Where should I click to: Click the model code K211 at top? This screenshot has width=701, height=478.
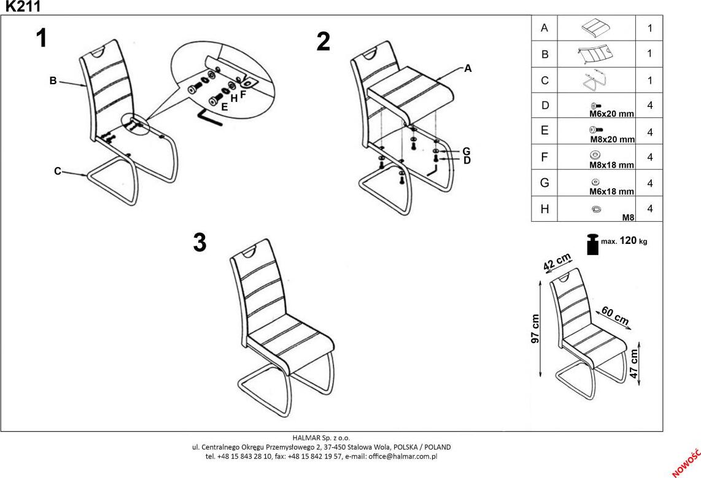tap(23, 7)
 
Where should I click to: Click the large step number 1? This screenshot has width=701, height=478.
tap(41, 39)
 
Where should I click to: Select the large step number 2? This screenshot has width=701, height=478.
tap(323, 42)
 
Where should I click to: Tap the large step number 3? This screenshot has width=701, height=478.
tap(199, 243)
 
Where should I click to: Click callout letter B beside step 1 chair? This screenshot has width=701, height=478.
tap(53, 80)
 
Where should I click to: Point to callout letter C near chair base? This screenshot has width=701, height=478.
tap(57, 171)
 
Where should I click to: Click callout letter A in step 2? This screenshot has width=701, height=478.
tap(468, 68)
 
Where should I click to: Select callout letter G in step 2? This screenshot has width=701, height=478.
tap(467, 151)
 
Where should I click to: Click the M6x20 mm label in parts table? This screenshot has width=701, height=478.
tap(611, 114)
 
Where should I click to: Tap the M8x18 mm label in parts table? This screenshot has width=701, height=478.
tap(611, 165)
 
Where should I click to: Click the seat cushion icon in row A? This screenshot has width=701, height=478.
tap(596, 28)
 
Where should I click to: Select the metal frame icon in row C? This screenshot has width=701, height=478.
tap(595, 80)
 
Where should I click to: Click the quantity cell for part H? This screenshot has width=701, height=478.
tap(649, 209)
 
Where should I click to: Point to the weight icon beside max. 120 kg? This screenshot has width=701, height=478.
tap(592, 243)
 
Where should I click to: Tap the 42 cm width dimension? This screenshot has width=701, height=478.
tap(558, 262)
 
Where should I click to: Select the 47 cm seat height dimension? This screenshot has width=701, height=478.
tap(635, 364)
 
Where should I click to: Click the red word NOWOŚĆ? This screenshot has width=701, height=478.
tap(686, 461)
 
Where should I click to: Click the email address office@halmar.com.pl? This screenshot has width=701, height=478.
tap(403, 456)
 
